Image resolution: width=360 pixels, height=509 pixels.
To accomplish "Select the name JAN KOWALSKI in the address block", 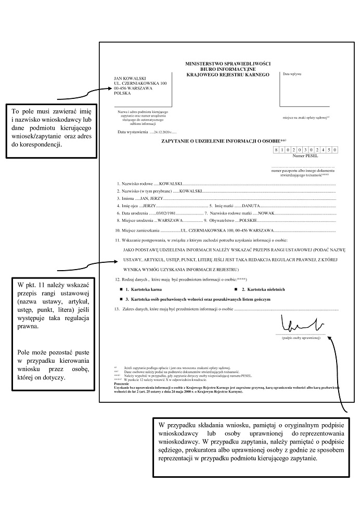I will click(x=130, y=79).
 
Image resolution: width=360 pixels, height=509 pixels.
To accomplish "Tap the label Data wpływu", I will click(x=292, y=74).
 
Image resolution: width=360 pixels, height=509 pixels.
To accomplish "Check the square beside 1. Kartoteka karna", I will click(x=121, y=288).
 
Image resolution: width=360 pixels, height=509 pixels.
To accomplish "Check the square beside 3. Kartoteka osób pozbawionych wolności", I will click(x=121, y=299).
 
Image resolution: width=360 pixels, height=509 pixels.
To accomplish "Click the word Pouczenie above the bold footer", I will click(x=121, y=383).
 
